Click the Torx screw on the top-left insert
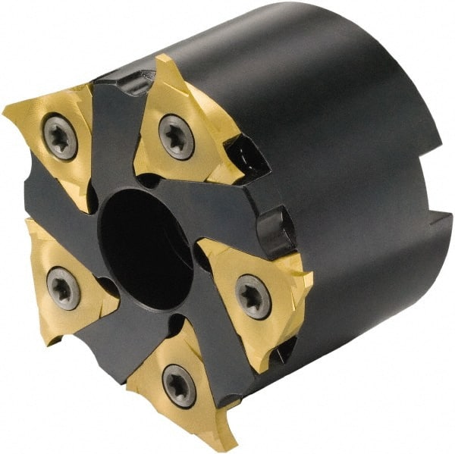pos(61,137)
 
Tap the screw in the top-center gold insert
pos(176,136)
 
